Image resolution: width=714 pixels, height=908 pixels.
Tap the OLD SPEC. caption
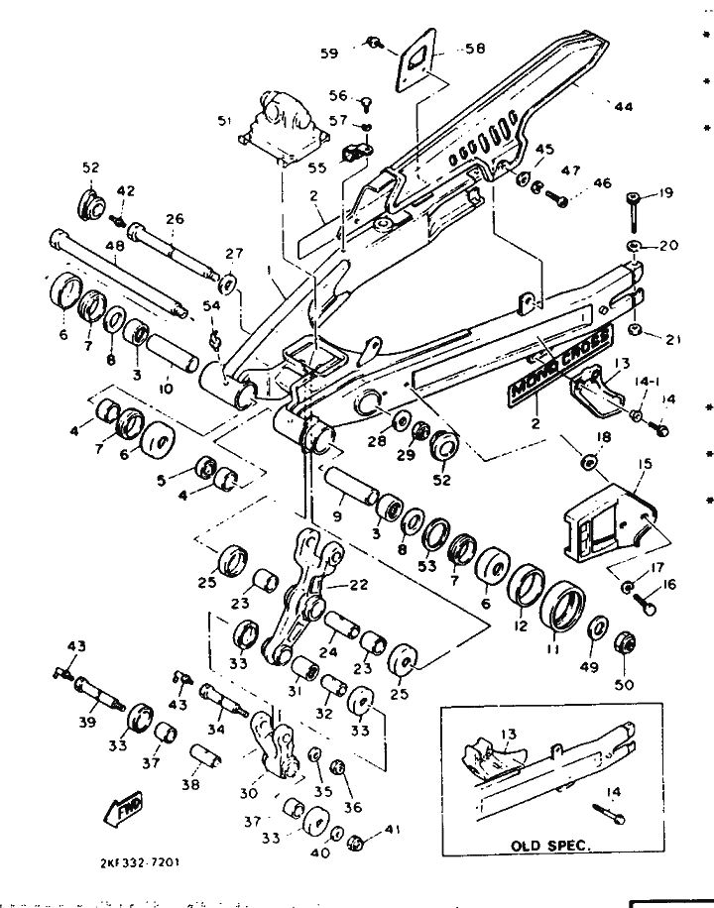pyautogui.click(x=550, y=847)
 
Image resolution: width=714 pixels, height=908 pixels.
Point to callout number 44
pyautogui.click(x=622, y=106)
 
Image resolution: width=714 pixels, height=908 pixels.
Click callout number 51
pyautogui.click(x=224, y=121)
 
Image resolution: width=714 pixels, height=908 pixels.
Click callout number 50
pyautogui.click(x=627, y=685)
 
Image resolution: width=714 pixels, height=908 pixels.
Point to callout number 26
pyautogui.click(x=175, y=219)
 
